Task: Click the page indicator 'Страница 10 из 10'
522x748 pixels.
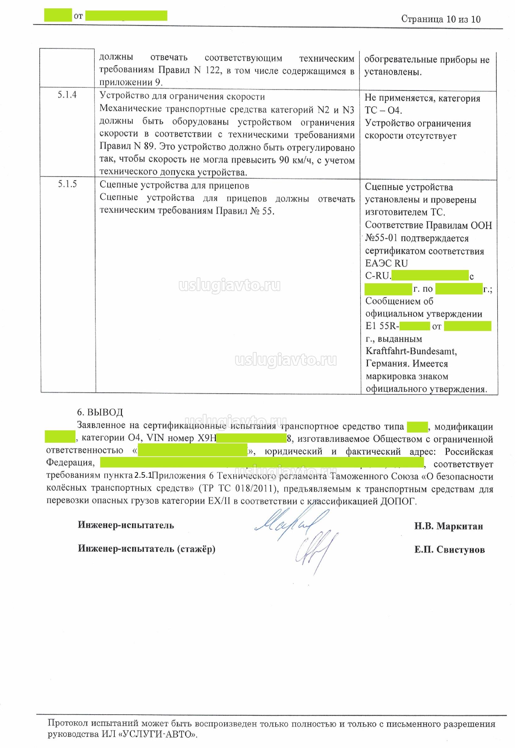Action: tap(441, 19)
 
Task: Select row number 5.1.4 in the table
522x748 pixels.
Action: tap(67, 95)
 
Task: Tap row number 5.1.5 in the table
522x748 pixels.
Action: tap(67, 184)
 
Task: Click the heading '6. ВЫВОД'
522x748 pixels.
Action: tap(100, 412)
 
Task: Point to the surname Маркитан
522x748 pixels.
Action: tap(460, 526)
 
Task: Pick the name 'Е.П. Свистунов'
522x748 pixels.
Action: tap(449, 550)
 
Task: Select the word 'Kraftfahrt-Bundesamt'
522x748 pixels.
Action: tap(411, 351)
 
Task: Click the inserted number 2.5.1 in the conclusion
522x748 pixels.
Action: tap(143, 475)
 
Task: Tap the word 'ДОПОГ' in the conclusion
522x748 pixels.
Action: tap(398, 501)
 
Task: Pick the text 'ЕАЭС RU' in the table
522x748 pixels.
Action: tap(386, 263)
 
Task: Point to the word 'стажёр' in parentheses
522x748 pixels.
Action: tap(196, 549)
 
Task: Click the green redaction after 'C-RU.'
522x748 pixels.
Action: tap(430, 276)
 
